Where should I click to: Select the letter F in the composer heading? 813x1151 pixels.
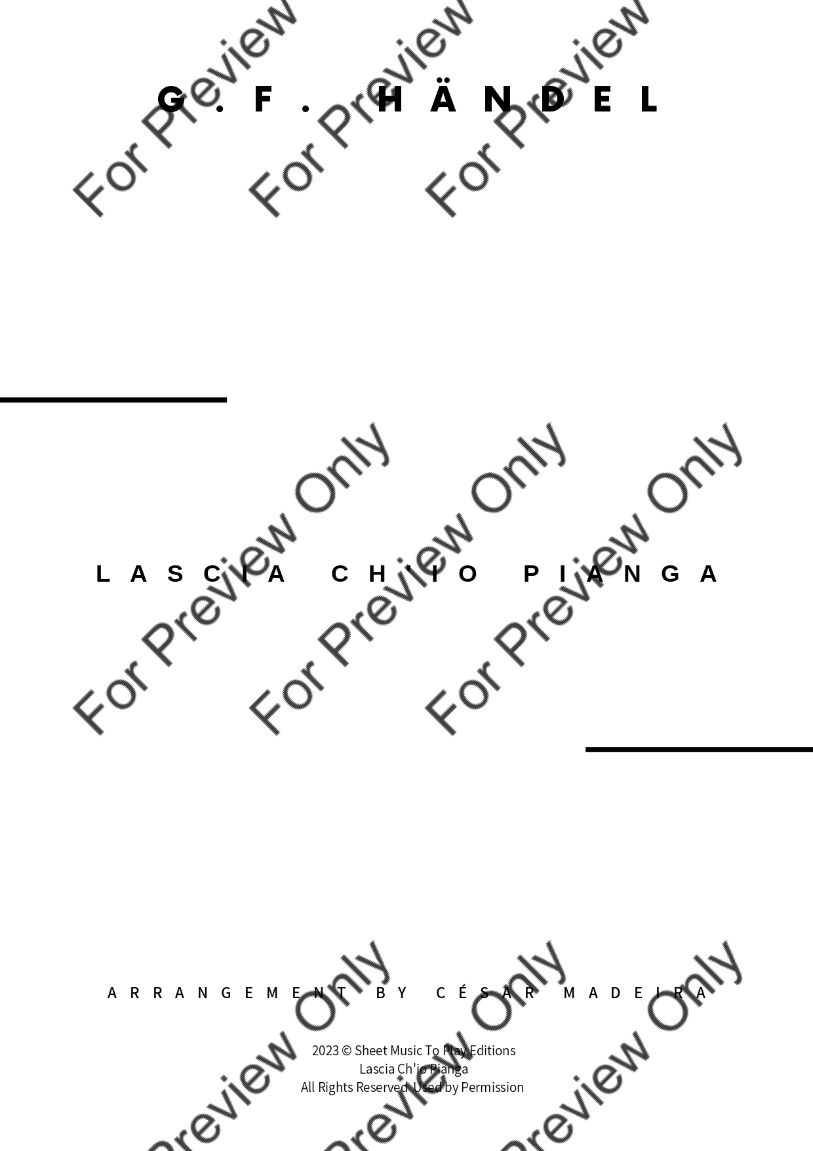click(264, 100)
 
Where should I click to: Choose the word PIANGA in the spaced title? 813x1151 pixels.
click(622, 574)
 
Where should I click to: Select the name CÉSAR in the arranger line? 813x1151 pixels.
click(486, 992)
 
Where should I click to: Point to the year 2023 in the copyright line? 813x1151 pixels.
click(325, 1051)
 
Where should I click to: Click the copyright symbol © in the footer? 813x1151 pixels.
click(347, 1051)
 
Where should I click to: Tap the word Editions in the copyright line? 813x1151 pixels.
click(492, 1051)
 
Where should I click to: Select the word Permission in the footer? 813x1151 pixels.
click(492, 1087)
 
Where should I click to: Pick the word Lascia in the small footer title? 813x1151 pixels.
click(376, 1069)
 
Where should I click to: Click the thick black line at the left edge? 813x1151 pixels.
click(113, 399)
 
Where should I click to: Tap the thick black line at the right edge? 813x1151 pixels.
click(699, 749)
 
